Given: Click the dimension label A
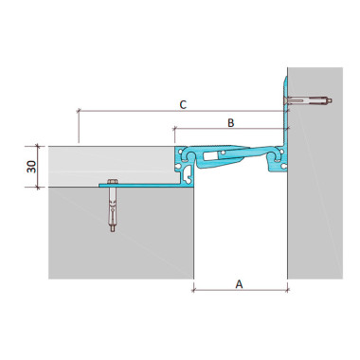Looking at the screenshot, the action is coord(240,284).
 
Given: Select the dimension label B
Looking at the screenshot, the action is coord(231,122).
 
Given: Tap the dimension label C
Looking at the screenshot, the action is coord(183,104).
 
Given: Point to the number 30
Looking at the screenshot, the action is coord(31,167).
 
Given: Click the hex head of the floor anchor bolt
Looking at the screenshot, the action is coord(113,182).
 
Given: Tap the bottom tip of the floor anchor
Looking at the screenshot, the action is coord(113,231).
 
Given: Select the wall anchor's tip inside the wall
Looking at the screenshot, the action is coord(331,101).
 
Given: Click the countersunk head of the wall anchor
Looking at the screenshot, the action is coord(286,100).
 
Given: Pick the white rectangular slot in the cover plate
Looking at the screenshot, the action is coord(211,155).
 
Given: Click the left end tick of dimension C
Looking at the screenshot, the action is coord(79,111).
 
